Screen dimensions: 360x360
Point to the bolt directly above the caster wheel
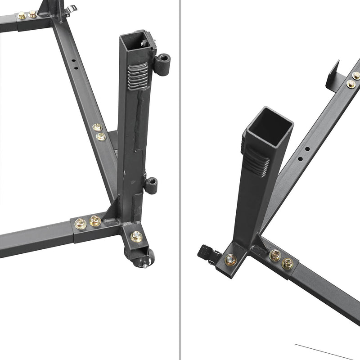pyautogui.click(x=136, y=235)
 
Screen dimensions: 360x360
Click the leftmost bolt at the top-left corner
pyautogui.click(x=22, y=16)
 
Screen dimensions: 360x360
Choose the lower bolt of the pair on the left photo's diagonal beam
pyautogui.click(x=101, y=136)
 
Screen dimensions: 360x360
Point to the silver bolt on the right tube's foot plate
pyautogui.click(x=231, y=259)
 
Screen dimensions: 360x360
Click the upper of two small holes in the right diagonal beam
pyautogui.click(x=306, y=148)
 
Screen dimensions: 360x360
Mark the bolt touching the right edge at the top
pyautogui.click(x=356, y=75)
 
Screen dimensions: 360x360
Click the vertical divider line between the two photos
pyautogui.click(x=180, y=180)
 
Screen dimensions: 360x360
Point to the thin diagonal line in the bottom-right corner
pyautogui.click(x=324, y=351)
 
